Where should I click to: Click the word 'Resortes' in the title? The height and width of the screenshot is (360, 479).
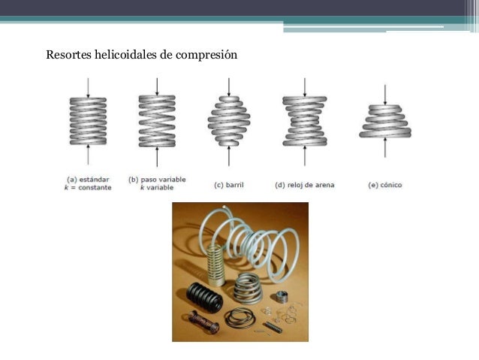[x=66, y=55]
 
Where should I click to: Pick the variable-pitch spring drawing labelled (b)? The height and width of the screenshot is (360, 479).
[x=157, y=121]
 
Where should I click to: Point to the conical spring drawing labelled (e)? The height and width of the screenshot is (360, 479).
[x=384, y=120]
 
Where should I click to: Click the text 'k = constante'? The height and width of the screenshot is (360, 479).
[x=88, y=187]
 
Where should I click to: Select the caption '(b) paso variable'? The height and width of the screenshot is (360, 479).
[x=157, y=180]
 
